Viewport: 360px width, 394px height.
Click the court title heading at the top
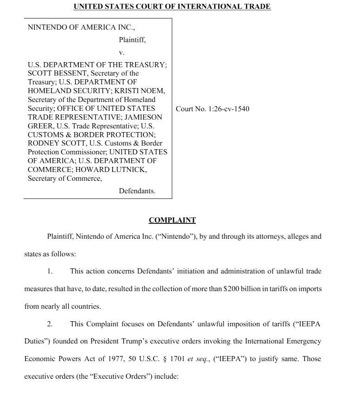[x=172, y=6]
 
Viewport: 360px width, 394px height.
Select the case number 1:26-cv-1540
[x=227, y=109]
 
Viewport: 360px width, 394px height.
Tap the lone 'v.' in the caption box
[x=122, y=52]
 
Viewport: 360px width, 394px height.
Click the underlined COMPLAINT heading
[x=172, y=220]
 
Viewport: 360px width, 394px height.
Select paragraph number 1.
[x=50, y=271]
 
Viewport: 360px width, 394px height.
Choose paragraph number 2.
[x=50, y=324]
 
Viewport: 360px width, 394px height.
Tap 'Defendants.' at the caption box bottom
[x=137, y=191]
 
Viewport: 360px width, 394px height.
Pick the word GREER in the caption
[x=40, y=126]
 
